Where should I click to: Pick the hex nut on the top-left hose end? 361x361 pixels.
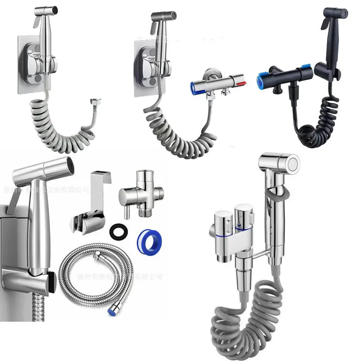tap(95, 102)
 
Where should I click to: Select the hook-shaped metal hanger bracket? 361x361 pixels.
tap(93, 190)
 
